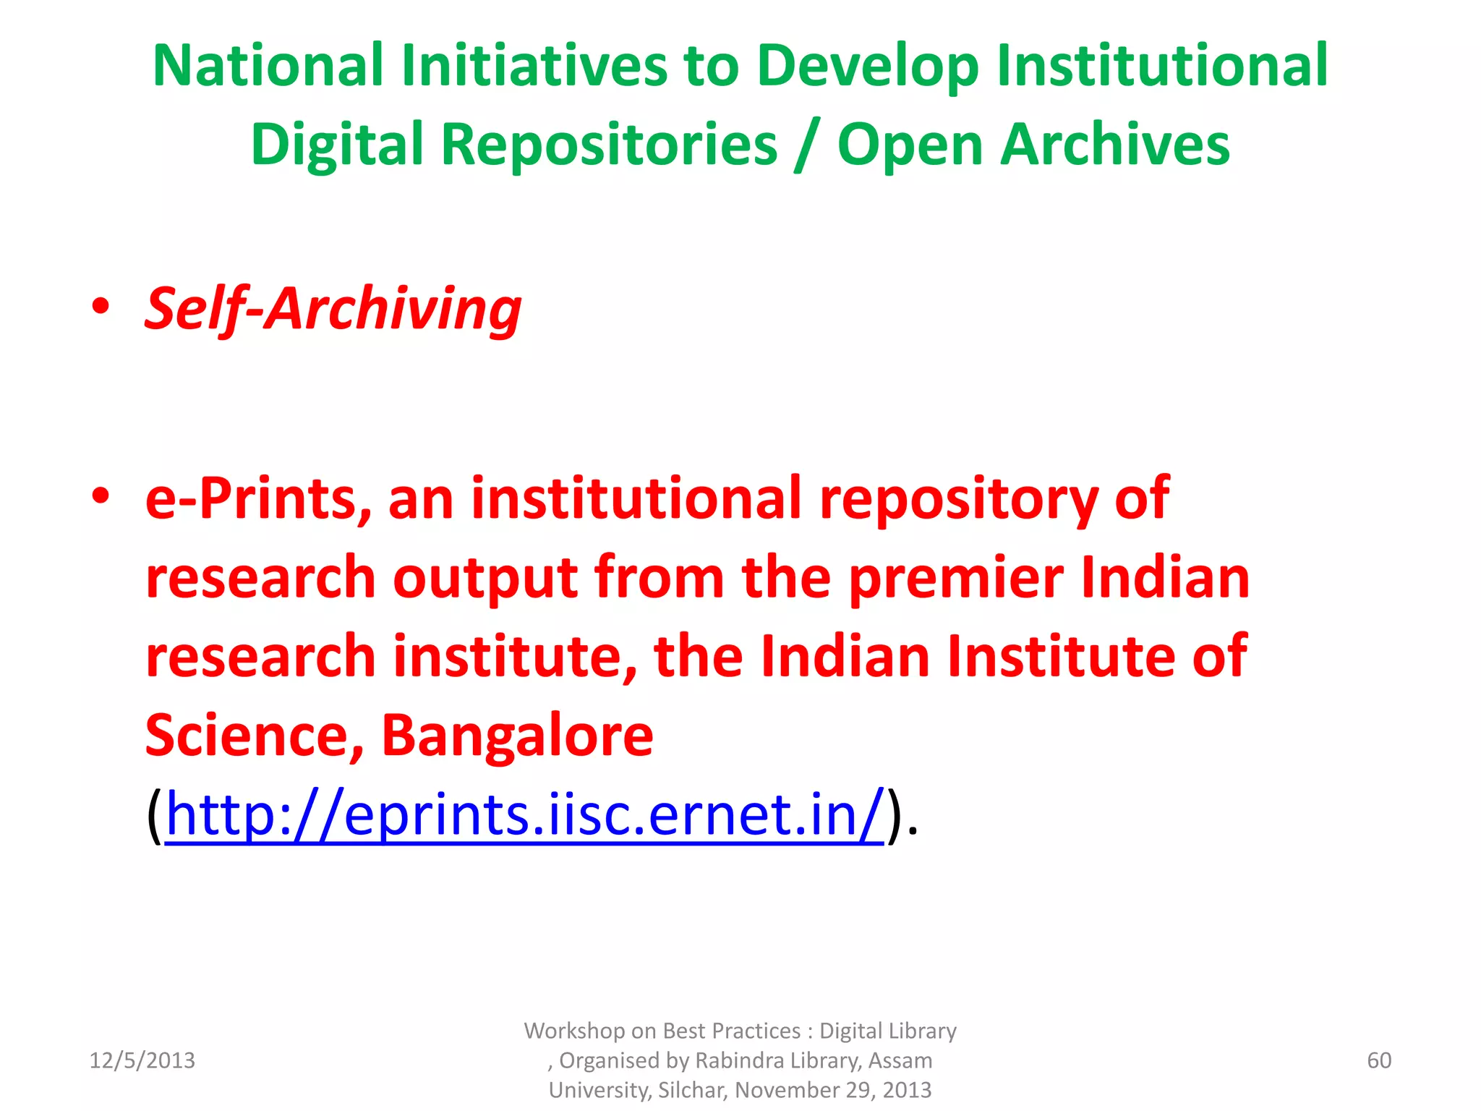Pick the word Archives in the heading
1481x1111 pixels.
(x=1116, y=145)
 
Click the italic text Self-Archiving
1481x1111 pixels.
(x=333, y=310)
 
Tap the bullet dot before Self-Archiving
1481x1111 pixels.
(x=101, y=307)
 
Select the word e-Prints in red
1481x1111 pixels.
(x=258, y=499)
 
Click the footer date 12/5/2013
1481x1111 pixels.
(x=142, y=1060)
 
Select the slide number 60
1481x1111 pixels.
(x=1379, y=1060)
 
